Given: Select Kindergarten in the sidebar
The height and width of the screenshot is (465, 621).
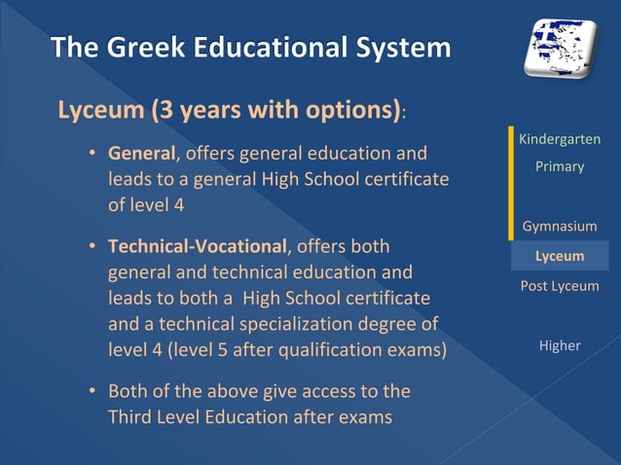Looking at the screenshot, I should [x=560, y=140].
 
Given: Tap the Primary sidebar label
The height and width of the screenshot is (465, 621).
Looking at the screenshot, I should [x=560, y=166].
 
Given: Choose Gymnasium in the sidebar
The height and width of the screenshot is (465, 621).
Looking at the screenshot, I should [x=560, y=227].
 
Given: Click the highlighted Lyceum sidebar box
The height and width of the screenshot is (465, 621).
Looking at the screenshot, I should [x=560, y=256].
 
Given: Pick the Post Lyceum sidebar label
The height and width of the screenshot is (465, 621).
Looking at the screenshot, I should [x=560, y=286].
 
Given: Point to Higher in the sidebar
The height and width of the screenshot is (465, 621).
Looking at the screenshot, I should [x=560, y=345].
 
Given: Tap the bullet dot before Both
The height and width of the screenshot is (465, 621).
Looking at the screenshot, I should [x=91, y=392].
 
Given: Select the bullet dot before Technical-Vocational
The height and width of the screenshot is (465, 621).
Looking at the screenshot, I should [x=91, y=246].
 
